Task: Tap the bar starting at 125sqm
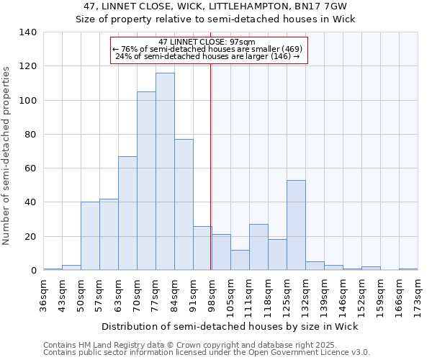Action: click(x=296, y=225)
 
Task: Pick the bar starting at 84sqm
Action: click(x=184, y=204)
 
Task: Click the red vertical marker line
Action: click(x=210, y=166)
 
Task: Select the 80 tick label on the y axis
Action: click(x=31, y=135)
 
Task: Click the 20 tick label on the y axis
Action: click(x=31, y=237)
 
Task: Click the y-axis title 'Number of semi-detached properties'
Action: click(x=7, y=155)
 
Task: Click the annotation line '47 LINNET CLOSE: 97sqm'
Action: click(x=209, y=42)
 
